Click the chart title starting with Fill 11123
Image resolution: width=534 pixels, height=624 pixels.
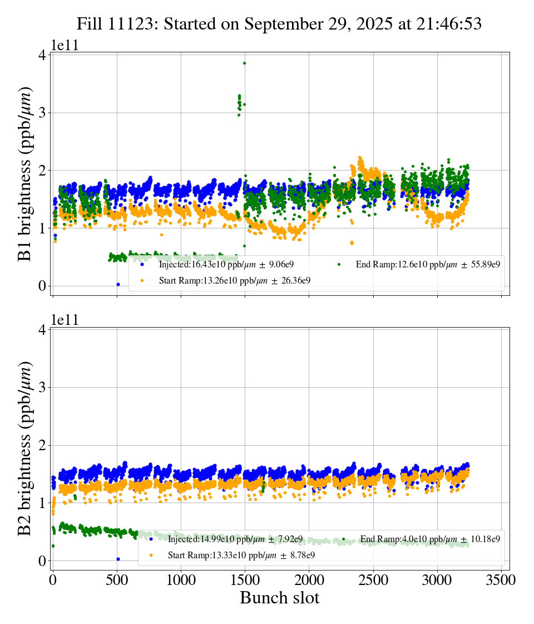(279, 24)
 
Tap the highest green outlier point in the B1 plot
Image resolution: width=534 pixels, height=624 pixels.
(244, 63)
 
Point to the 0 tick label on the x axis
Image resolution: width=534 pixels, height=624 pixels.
(53, 581)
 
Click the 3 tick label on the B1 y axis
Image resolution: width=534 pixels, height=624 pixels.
(41, 113)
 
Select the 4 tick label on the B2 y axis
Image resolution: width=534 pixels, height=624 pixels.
(41, 330)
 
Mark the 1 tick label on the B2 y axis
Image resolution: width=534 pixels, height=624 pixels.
(41, 503)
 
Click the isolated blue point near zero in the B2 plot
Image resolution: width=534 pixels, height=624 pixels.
(118, 559)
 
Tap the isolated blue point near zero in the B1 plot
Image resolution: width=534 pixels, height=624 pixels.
(118, 284)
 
